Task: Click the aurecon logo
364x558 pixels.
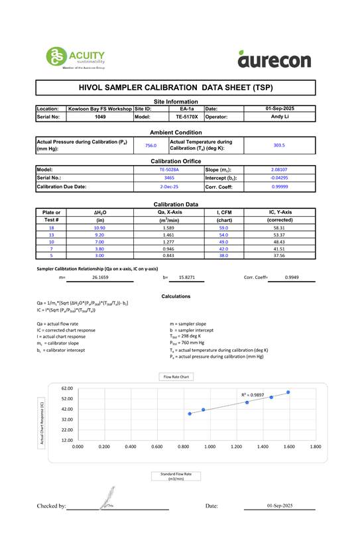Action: click(x=274, y=60)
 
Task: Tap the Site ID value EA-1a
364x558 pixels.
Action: click(x=187, y=108)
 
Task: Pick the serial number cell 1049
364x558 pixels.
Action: click(x=100, y=116)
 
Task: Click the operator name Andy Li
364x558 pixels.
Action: click(x=279, y=116)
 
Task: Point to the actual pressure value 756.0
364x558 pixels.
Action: click(x=151, y=145)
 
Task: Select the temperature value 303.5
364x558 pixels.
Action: click(x=279, y=145)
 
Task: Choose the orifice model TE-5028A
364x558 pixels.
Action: click(x=169, y=170)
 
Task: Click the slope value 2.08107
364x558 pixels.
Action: click(x=280, y=170)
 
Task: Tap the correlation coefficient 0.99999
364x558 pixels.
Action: click(x=280, y=187)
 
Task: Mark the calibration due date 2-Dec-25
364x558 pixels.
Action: click(x=169, y=187)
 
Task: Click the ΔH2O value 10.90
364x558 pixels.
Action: click(x=100, y=227)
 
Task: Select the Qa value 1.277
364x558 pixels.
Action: click(x=168, y=241)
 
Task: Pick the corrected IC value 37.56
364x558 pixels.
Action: click(x=279, y=255)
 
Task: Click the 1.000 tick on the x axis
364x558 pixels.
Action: click(x=210, y=447)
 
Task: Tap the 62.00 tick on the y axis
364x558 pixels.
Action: click(x=66, y=388)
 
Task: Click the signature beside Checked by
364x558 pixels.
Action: click(x=108, y=498)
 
